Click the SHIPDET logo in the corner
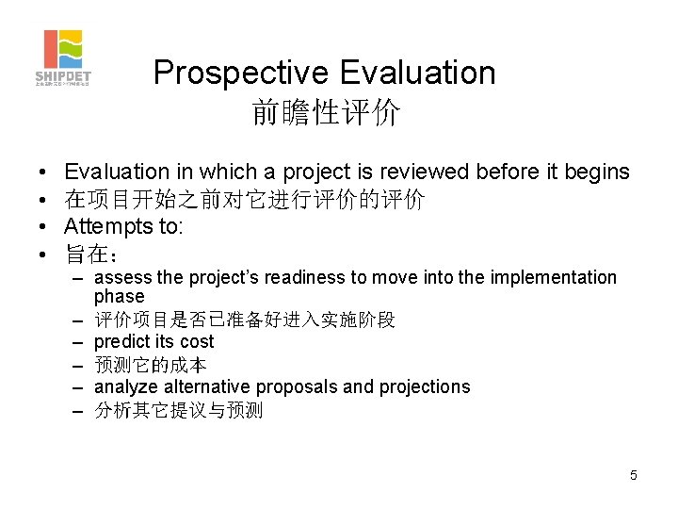tap(63, 57)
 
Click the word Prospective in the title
tap(238, 73)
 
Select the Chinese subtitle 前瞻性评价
tap(326, 114)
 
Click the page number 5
tap(634, 475)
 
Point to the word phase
tap(119, 296)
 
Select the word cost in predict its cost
tap(197, 341)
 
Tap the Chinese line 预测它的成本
tap(151, 365)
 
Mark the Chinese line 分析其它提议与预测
tap(179, 410)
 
